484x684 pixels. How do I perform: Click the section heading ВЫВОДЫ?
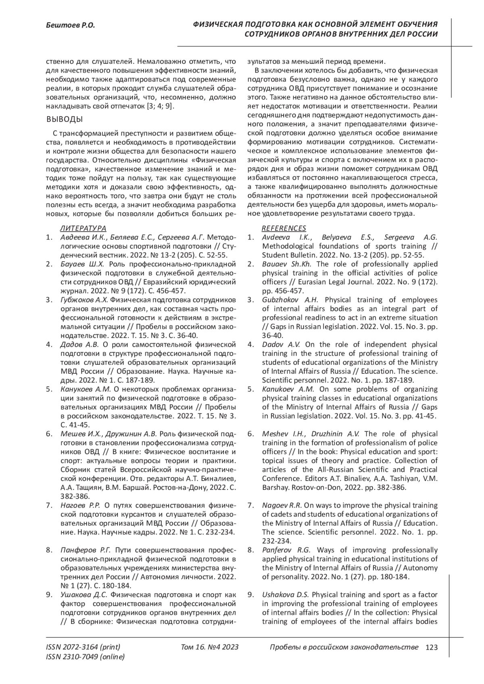point(65,119)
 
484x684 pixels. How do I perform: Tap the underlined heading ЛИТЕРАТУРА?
point(83,228)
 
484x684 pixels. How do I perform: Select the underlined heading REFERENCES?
point(284,228)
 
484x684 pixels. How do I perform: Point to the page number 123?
point(431,647)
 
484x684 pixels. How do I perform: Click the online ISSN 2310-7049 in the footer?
point(86,657)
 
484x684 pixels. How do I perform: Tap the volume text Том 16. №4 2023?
point(210,647)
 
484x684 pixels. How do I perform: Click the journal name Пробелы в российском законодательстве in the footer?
point(344,647)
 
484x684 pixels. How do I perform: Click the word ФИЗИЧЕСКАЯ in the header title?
point(217,25)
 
